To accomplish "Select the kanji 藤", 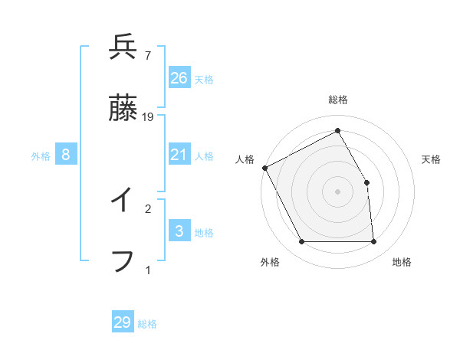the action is click(x=123, y=110).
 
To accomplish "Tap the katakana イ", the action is click(x=123, y=201).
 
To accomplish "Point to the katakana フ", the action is click(x=123, y=261).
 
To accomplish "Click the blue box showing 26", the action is click(x=179, y=78).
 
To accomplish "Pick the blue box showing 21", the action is click(x=179, y=155).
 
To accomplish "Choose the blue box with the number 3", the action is click(x=179, y=231).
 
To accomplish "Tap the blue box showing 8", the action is click(x=66, y=155).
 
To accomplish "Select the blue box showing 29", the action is click(x=123, y=322).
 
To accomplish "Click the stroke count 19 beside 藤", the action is click(x=149, y=117).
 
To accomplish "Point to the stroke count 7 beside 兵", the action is click(x=148, y=55).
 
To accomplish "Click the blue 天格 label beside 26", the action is click(x=204, y=80).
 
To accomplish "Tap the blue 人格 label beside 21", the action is click(x=204, y=156).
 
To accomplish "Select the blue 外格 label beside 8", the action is click(x=41, y=156).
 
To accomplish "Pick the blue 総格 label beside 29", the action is click(x=147, y=324).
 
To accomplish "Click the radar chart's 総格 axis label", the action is click(x=337, y=100).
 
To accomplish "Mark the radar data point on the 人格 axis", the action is click(x=264, y=168).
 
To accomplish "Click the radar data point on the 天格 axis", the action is click(x=366, y=182).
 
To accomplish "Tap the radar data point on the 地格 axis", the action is click(x=373, y=242).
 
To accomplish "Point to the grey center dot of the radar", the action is click(x=337, y=191).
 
